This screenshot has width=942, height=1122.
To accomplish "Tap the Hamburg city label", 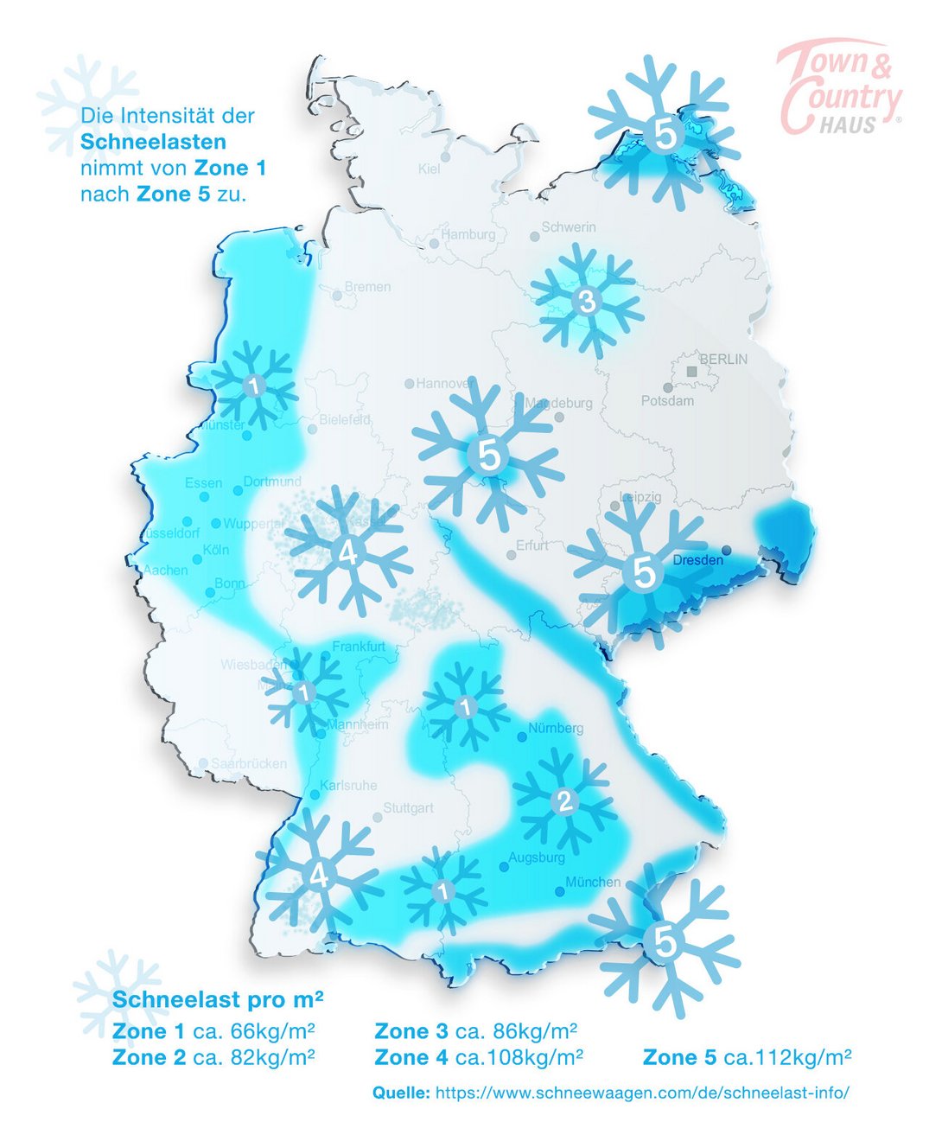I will pyautogui.click(x=468, y=234).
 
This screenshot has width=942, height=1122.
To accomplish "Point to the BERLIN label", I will pyautogui.click(x=723, y=359).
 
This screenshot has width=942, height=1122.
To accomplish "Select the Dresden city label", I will pyautogui.click(x=697, y=560).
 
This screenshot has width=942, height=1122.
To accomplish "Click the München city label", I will pyautogui.click(x=593, y=883).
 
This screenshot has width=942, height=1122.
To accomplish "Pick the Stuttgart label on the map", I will pyautogui.click(x=409, y=808).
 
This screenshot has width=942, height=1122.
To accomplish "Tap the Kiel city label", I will pyautogui.click(x=430, y=169).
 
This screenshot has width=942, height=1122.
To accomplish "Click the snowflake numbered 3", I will pyautogui.click(x=587, y=302).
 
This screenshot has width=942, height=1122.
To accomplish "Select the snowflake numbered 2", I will pyautogui.click(x=563, y=800).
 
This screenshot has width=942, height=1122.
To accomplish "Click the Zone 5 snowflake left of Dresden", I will pyautogui.click(x=643, y=571).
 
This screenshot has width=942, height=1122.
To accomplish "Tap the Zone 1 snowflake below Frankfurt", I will pyautogui.click(x=303, y=692).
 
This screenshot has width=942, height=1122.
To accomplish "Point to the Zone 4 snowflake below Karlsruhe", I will pyautogui.click(x=319, y=876).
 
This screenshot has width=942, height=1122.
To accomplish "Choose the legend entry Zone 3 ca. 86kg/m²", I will pyautogui.click(x=475, y=1031).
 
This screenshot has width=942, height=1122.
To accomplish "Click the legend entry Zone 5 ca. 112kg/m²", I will pyautogui.click(x=747, y=1057).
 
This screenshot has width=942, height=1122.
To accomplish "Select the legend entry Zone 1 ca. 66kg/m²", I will pyautogui.click(x=213, y=1031).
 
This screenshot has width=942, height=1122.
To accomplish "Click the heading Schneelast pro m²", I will pyautogui.click(x=218, y=1000).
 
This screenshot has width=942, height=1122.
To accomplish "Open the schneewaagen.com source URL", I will pyautogui.click(x=641, y=1093).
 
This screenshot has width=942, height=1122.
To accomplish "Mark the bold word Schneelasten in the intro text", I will pyautogui.click(x=153, y=142).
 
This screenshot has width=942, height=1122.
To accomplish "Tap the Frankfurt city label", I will pyautogui.click(x=359, y=647).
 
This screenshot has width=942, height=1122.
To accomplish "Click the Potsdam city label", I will pyautogui.click(x=667, y=401).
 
